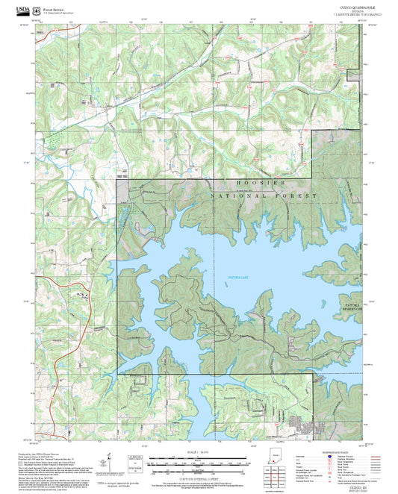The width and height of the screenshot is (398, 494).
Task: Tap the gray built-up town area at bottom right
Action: [x=306, y=426]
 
